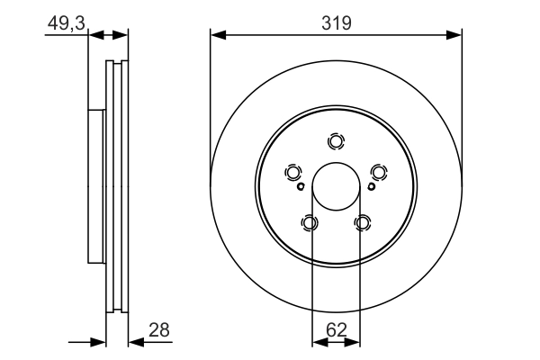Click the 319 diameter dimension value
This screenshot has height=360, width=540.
(x=337, y=23)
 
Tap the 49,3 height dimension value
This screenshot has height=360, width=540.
(x=66, y=23)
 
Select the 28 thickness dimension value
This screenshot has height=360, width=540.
(x=159, y=330)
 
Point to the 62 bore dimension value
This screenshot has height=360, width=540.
(x=336, y=330)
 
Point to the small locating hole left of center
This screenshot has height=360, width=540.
(x=301, y=186)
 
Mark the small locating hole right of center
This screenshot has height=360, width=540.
(x=371, y=186)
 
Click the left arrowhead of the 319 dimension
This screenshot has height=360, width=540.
(x=218, y=35)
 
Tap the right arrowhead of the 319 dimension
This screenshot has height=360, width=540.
(x=454, y=35)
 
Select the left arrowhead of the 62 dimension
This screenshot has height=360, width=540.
(x=319, y=342)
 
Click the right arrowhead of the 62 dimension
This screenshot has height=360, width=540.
(x=352, y=342)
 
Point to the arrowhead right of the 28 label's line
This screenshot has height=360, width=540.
(x=136, y=342)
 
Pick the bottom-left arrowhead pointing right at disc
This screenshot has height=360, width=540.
(x=98, y=342)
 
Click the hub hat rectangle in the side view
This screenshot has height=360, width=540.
(x=96, y=186)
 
